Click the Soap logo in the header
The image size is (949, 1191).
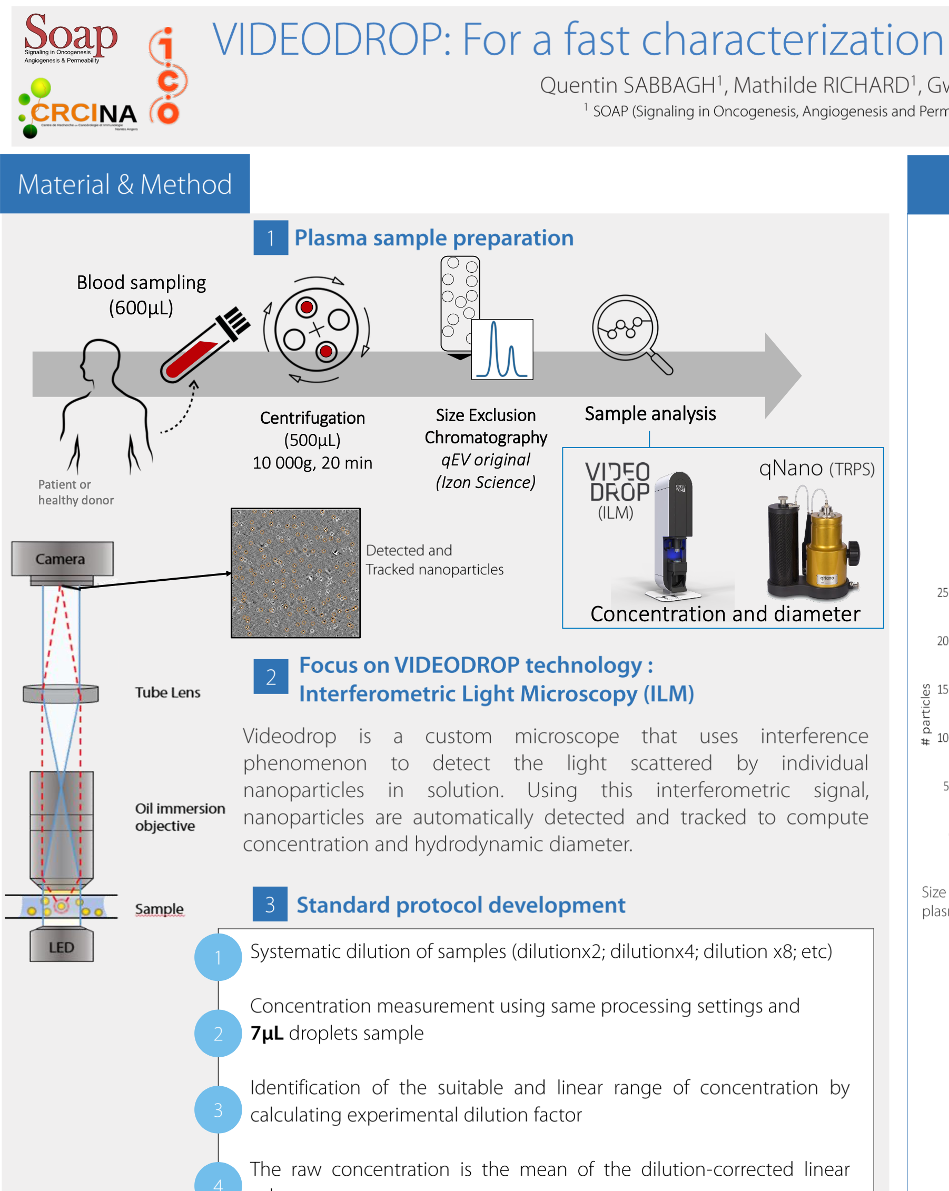point(70,37)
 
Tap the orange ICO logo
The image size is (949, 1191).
point(168,76)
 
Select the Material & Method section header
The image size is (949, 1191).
point(125,184)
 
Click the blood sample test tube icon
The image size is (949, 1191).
point(204,345)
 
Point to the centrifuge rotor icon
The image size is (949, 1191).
point(316,330)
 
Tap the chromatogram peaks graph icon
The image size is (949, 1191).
point(501,350)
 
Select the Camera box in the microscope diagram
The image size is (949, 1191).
point(62,559)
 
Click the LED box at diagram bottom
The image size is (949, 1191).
point(61,947)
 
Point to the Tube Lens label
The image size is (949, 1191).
point(167,693)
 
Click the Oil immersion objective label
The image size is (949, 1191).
point(180,817)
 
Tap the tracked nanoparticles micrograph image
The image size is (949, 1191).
point(295,573)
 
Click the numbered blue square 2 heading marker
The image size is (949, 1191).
point(271,677)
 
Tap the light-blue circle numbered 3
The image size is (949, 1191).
point(218,1110)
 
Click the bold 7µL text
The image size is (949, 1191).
point(267,1033)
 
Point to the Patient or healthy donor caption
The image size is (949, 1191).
point(76,492)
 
